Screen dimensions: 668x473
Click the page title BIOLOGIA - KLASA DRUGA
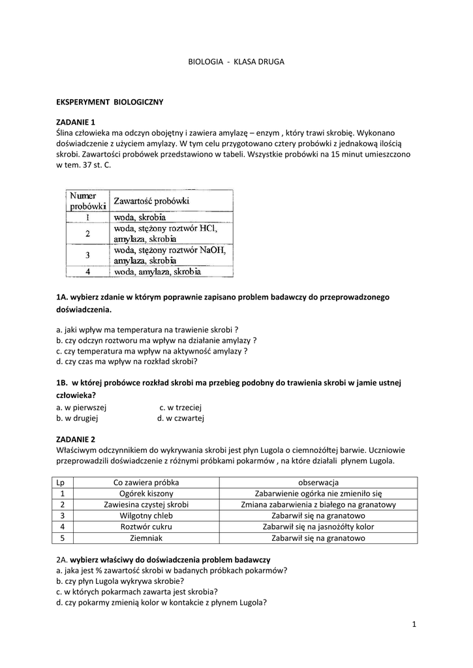pos(236,61)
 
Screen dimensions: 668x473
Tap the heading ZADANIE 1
pos(76,122)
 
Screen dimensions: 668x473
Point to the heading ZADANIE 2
pos(76,438)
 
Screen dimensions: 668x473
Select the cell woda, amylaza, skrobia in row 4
pos(157,271)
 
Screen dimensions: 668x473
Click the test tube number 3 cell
pos(87,255)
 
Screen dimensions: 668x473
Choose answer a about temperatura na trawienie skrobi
pos(147,329)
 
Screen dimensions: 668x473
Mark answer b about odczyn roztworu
pos(157,340)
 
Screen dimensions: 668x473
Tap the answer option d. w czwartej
pos(181,418)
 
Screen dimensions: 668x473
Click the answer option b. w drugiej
pos(77,418)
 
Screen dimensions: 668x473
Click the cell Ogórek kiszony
pos(145,493)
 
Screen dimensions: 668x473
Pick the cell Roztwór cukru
pos(145,526)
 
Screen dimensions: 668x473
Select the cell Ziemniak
pos(145,538)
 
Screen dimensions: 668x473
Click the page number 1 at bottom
pos(414,624)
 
